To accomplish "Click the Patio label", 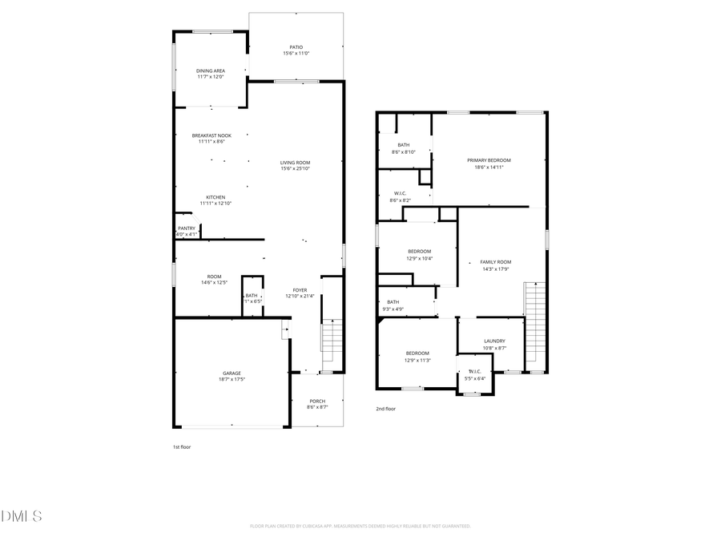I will pos(296,47).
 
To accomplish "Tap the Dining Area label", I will pos(211,71).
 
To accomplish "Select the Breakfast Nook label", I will pos(211,135).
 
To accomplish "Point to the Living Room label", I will pos(296,163).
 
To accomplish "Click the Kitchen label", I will pos(215,197).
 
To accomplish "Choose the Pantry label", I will pos(187,228).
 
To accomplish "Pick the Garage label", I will pos(232,373).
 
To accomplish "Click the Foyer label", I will pos(300,290).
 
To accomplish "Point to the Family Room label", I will pos(495,262).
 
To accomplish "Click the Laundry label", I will pos(494,341).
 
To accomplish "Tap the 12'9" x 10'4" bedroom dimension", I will pos(420,258).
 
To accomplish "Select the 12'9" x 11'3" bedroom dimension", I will pos(417,360).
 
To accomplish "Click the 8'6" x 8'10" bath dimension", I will pos(403,151).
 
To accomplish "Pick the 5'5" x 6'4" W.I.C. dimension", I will pos(474,377).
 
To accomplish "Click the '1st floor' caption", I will pos(182,446).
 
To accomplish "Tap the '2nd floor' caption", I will pos(386,409).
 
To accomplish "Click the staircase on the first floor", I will pos(332,345).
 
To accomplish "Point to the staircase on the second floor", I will pos(534,325).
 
